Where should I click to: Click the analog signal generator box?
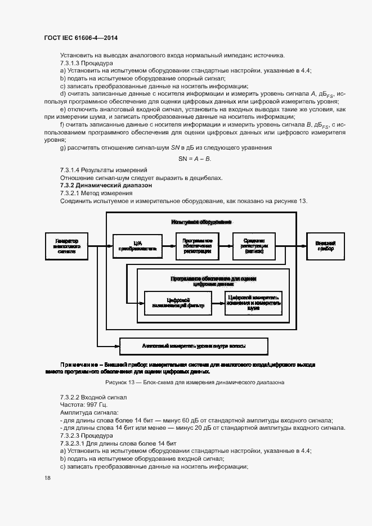(67, 246)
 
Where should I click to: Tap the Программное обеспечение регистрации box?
(197, 246)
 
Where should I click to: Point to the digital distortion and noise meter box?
(253, 303)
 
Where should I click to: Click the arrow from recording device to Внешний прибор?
(295, 246)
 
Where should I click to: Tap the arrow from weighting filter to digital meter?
(216, 303)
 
